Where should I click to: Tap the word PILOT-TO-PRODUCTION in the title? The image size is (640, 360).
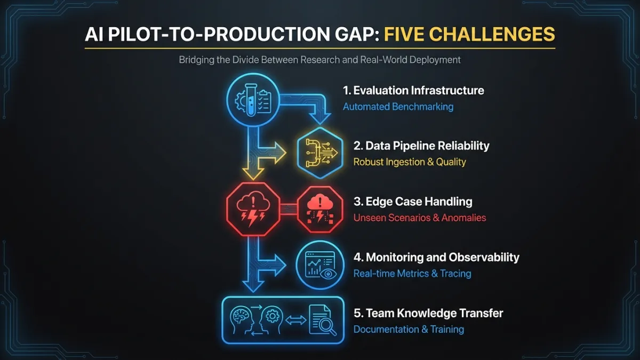[x=219, y=34]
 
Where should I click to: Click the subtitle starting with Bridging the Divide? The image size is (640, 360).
[x=319, y=60]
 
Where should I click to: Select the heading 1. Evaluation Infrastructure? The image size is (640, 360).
[x=413, y=91]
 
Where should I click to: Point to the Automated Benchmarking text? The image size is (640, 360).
[x=398, y=107]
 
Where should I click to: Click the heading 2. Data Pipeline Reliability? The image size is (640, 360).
[x=421, y=146]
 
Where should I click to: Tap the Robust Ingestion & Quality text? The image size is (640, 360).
[x=410, y=162]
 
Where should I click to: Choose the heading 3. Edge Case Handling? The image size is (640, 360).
[x=413, y=202]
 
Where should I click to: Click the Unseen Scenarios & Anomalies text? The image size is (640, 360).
[x=420, y=218]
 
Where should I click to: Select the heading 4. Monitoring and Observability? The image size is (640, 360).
[x=436, y=257]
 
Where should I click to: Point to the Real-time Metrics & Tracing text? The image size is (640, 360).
[x=412, y=274]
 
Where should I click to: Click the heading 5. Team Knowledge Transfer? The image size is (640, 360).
[x=428, y=313]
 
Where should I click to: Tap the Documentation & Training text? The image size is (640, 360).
[x=409, y=329]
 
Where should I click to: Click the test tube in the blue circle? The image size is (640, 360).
[x=251, y=100]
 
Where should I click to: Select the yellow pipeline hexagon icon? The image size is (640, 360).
[x=320, y=153]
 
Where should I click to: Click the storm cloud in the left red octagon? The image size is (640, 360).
[x=253, y=202]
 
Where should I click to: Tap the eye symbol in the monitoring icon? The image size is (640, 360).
[x=329, y=274]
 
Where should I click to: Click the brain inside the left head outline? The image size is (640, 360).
[x=239, y=315]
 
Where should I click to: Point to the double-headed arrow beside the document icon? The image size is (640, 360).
[x=295, y=320]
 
